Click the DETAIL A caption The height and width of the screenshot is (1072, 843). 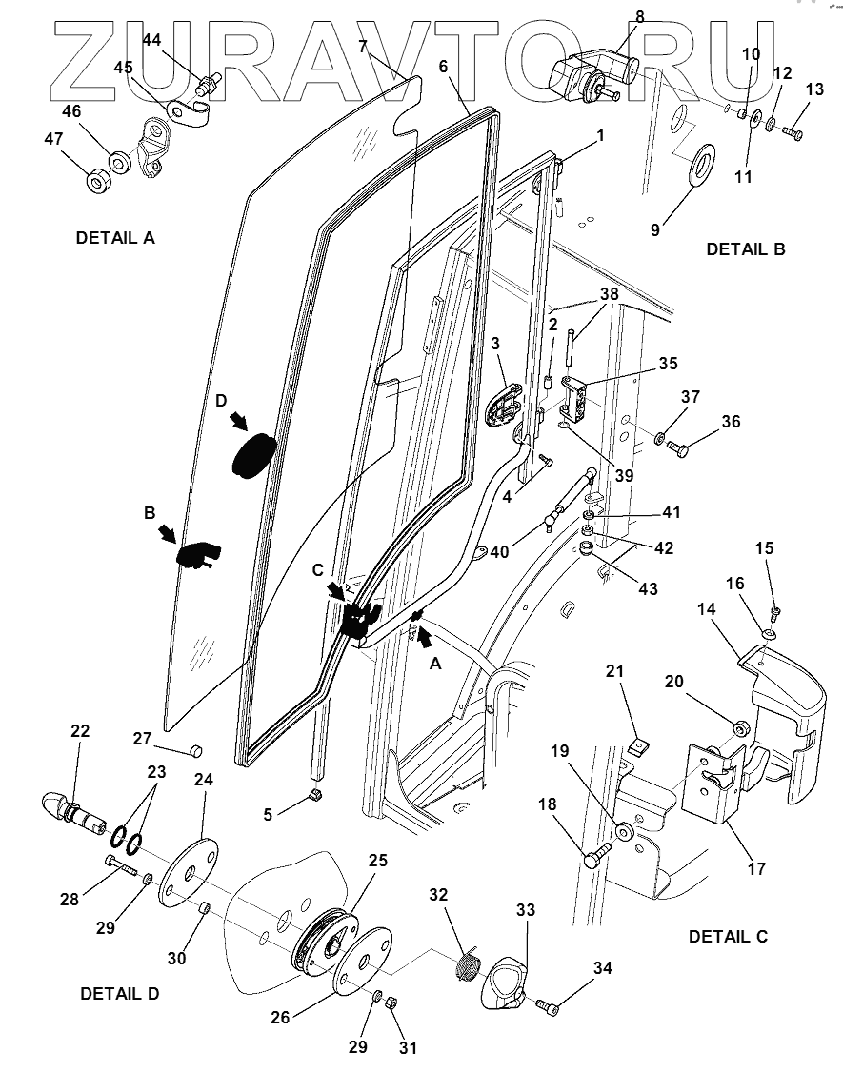(114, 237)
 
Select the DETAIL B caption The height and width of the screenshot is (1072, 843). (745, 249)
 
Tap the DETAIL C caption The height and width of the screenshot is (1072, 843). (728, 936)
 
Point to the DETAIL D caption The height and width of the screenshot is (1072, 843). (119, 993)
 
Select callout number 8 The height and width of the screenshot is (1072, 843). (639, 16)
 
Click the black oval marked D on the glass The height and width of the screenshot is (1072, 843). (253, 454)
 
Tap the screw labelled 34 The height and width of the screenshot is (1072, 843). (547, 1005)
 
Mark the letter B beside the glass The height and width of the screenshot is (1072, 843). (150, 512)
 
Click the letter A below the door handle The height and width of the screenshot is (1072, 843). (435, 665)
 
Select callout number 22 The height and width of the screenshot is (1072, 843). (79, 730)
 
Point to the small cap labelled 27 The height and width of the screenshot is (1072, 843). (195, 750)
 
